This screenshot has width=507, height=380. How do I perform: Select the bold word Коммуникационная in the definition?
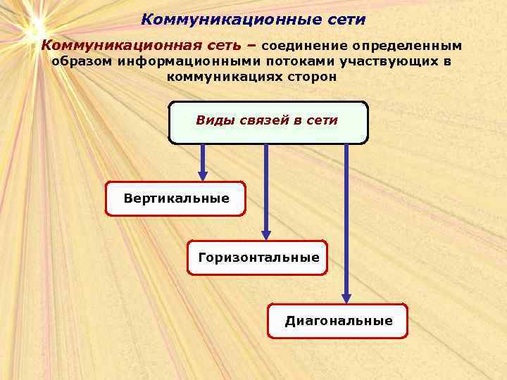coord(121,46)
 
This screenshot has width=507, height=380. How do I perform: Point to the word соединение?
coord(304,46)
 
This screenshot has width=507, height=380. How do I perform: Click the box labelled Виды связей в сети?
coord(268,122)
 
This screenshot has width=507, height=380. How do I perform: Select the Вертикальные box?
coord(176,198)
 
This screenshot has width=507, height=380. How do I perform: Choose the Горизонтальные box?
coord(258,258)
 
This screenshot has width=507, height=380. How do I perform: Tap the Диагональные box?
coord(338,321)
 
